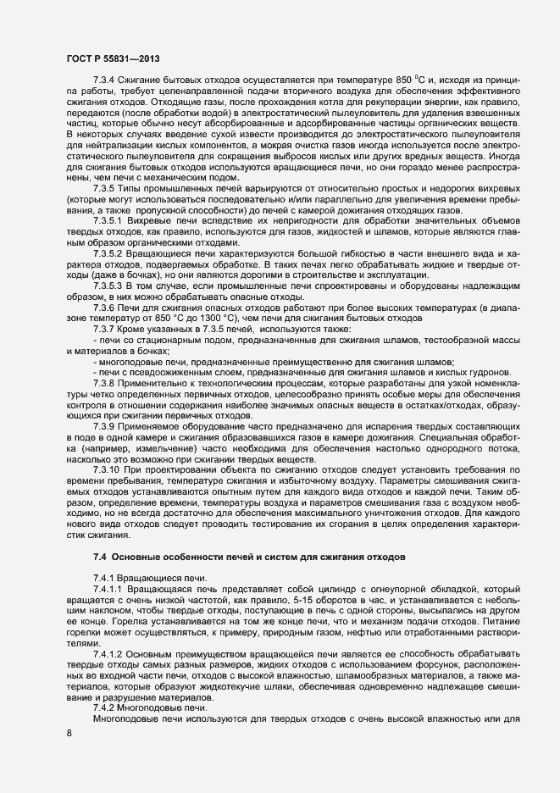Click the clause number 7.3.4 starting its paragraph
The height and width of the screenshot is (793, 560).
106,91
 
